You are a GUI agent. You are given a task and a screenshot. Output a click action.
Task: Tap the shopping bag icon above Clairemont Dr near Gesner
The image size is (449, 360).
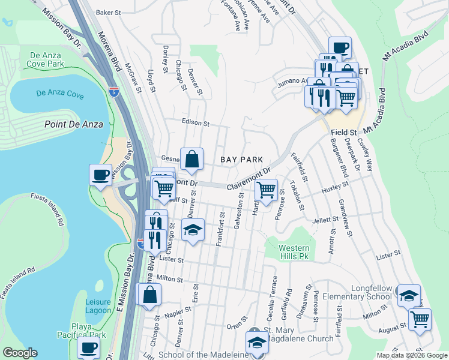pyautogui.click(x=191, y=159)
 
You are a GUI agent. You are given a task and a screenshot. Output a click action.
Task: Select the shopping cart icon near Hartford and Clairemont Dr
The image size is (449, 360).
pyautogui.click(x=266, y=190)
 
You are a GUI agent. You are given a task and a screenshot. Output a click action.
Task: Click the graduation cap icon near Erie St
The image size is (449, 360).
pyautogui.click(x=193, y=230)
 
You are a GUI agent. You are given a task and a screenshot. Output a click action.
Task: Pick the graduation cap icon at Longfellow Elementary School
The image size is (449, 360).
pyautogui.click(x=409, y=295)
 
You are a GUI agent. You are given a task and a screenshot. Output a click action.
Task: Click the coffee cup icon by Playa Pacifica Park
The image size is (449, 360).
pyautogui.click(x=89, y=348)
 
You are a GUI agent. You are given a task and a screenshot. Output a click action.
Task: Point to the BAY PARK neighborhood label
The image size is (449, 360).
pyautogui.click(x=241, y=160)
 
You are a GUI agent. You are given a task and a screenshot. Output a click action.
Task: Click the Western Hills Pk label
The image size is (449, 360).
pyautogui.click(x=295, y=252)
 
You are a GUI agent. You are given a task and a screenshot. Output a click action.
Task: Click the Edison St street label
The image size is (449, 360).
pyautogui.click(x=196, y=123)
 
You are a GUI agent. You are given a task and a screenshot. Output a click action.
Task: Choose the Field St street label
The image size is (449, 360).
pyautogui.click(x=345, y=132)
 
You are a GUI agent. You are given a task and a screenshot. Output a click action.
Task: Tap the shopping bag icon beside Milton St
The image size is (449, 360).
pyautogui.click(x=149, y=295)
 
